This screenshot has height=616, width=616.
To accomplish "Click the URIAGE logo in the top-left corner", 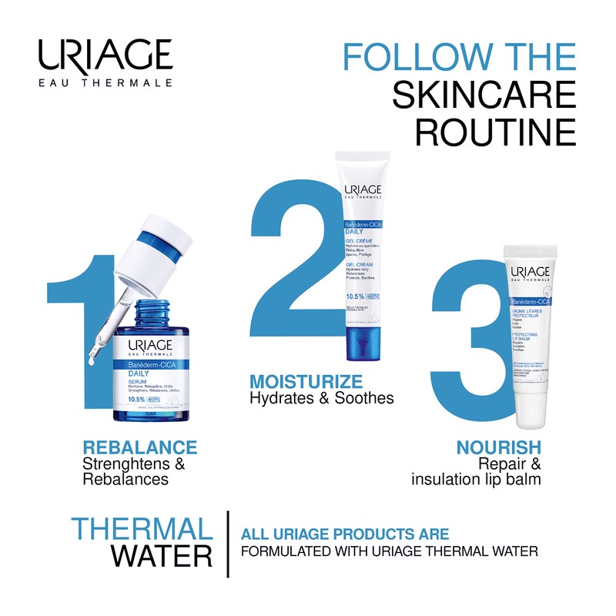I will point(105,63).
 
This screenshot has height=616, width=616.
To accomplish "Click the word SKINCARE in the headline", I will point(484,95).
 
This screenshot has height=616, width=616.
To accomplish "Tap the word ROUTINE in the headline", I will point(495,132).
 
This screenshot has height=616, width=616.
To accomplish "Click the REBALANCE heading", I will point(139,447).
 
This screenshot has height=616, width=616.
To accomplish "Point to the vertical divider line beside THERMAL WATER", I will point(227,544).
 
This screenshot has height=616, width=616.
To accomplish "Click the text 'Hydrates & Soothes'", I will point(322,398).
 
